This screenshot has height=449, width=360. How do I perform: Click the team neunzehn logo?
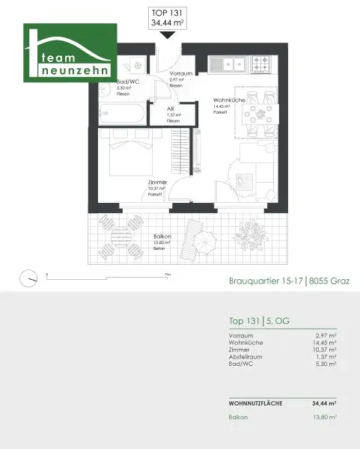[70, 54]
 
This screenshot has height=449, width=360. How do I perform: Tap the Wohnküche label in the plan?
[226, 100]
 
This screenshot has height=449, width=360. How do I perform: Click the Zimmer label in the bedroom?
[156, 183]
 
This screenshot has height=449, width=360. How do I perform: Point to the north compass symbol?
[30, 276]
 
